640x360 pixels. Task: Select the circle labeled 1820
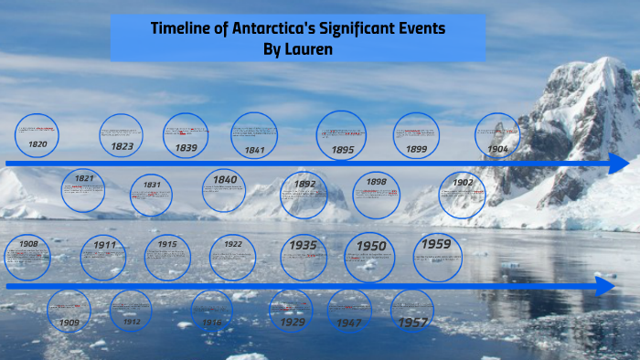[x=37, y=135]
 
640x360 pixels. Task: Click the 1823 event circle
[x=122, y=135]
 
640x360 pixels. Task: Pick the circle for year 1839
[x=186, y=135]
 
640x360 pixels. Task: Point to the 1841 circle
[x=254, y=135]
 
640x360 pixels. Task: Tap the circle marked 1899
[x=416, y=135]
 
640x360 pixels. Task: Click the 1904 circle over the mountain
[x=497, y=135]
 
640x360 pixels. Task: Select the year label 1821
[x=84, y=178]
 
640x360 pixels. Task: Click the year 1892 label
[x=304, y=184]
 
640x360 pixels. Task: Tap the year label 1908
[x=28, y=244]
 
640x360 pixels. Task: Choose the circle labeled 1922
[x=232, y=257]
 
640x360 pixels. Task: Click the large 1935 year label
[x=304, y=245]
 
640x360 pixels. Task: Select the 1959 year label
[x=437, y=244]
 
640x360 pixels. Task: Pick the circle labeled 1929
[x=293, y=311]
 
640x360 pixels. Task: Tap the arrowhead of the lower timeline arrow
[x=604, y=286]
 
